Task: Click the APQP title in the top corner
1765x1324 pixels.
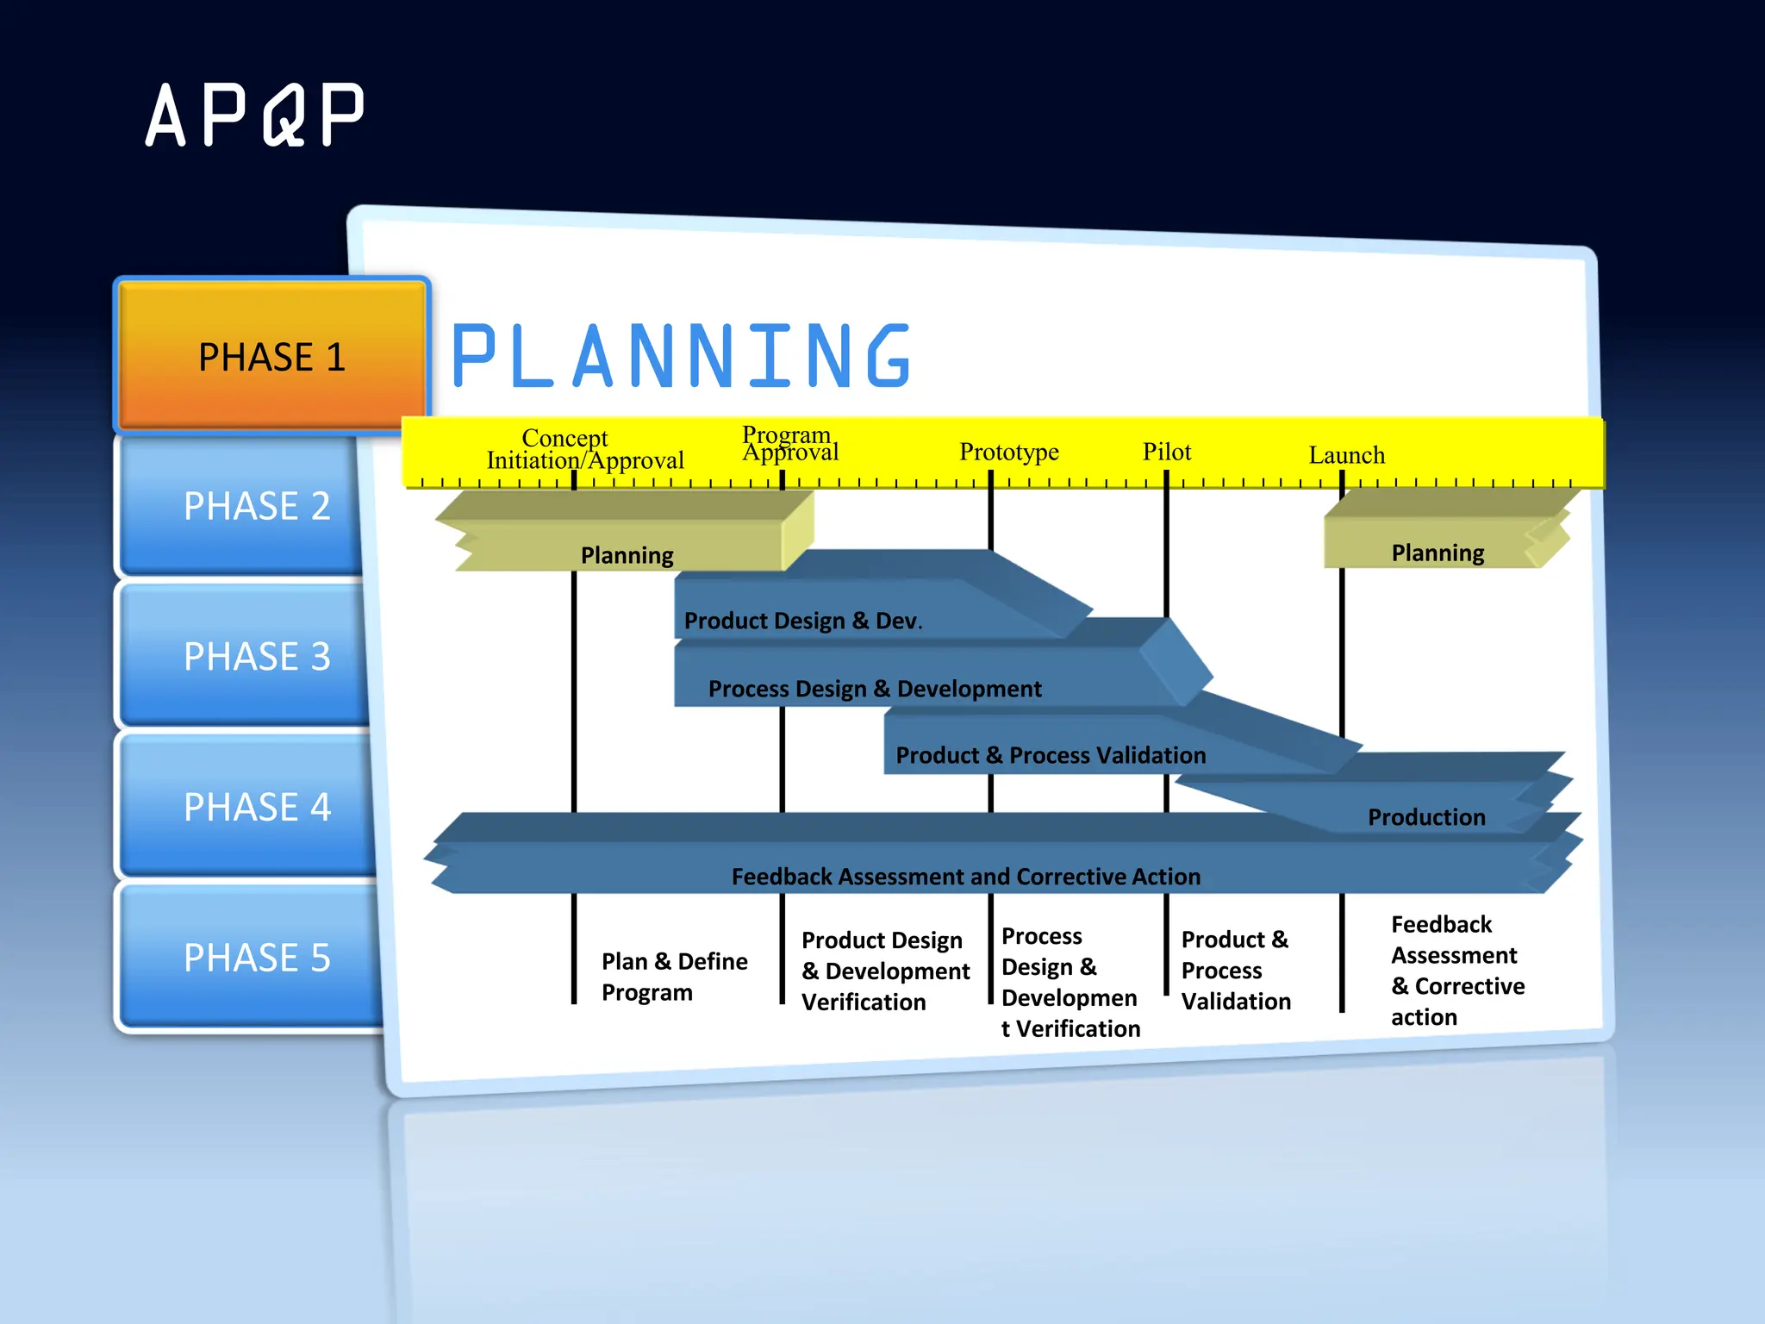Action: pyautogui.click(x=255, y=115)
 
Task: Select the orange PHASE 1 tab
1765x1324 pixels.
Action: pyautogui.click(x=271, y=356)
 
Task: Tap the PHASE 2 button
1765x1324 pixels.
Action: pyautogui.click(x=256, y=506)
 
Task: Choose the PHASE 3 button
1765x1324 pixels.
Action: pyautogui.click(x=256, y=657)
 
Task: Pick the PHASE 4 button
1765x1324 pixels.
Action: pyautogui.click(x=256, y=808)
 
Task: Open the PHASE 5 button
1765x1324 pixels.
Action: pyautogui.click(x=256, y=958)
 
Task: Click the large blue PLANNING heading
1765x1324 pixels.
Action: pyautogui.click(x=681, y=356)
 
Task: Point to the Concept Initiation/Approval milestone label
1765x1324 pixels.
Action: pyautogui.click(x=584, y=450)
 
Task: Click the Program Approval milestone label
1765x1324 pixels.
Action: pyautogui.click(x=789, y=444)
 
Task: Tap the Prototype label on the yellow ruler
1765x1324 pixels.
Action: pyautogui.click(x=1008, y=452)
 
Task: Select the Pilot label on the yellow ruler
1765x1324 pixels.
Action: pyautogui.click(x=1166, y=452)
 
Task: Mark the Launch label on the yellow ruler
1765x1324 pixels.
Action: pyautogui.click(x=1346, y=455)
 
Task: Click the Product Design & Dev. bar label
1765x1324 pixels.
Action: pyautogui.click(x=802, y=621)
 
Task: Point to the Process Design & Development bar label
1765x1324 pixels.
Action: pyautogui.click(x=874, y=689)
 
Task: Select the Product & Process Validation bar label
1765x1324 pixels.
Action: pyautogui.click(x=1050, y=755)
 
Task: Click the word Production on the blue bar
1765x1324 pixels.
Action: pyautogui.click(x=1425, y=817)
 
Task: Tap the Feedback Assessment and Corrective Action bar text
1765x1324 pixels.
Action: pyautogui.click(x=965, y=877)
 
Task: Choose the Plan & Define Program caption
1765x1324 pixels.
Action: pyautogui.click(x=674, y=977)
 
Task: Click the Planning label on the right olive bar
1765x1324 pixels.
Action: pyautogui.click(x=1437, y=553)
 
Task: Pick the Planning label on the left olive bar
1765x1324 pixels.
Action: pyautogui.click(x=627, y=555)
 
